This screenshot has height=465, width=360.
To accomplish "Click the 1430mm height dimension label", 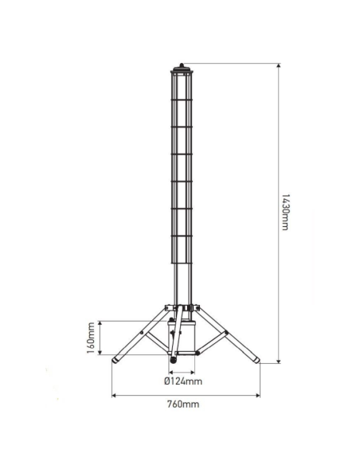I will click(284, 213).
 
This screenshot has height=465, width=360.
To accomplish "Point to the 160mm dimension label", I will click(91, 337).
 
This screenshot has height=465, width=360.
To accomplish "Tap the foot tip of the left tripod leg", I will click(114, 361).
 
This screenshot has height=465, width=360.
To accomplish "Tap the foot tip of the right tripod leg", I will click(256, 361).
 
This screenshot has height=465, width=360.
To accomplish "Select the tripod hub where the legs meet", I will click(181, 308).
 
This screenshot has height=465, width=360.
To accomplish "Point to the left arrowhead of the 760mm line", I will click(113, 393).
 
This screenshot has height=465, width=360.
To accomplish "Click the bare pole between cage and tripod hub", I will click(181, 283).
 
